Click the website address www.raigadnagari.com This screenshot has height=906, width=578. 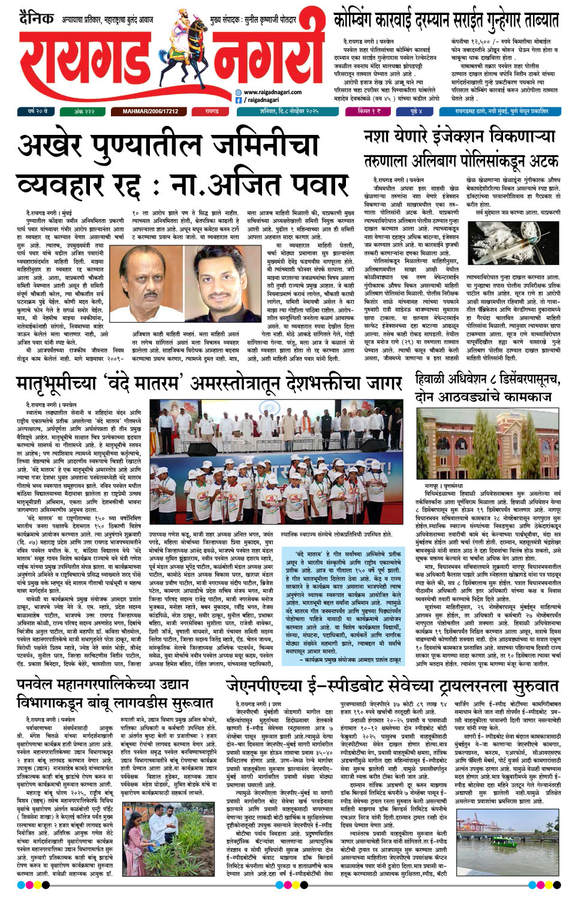[272, 92]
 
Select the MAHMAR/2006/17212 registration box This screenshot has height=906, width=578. [150, 112]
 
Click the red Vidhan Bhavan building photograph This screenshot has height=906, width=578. [487, 444]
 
